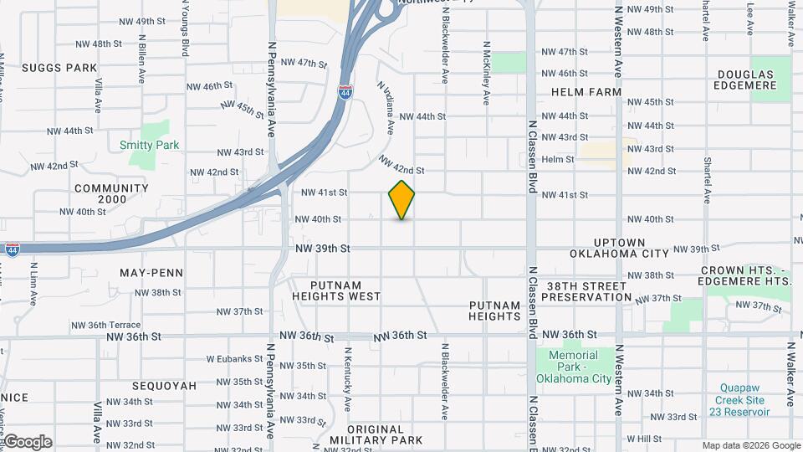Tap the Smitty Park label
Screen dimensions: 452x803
click(149, 145)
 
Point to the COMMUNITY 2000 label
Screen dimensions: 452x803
click(111, 193)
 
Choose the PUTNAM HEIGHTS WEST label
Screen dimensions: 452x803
click(336, 290)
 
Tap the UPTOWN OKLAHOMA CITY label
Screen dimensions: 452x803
click(620, 247)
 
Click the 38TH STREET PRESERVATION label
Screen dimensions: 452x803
click(589, 291)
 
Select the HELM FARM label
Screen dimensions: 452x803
click(586, 92)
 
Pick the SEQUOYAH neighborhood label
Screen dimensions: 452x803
click(164, 386)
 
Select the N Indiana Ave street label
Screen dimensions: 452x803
click(386, 107)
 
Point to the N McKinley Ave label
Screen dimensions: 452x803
click(486, 74)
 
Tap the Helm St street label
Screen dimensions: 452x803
click(558, 159)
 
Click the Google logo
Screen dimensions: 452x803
click(28, 442)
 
